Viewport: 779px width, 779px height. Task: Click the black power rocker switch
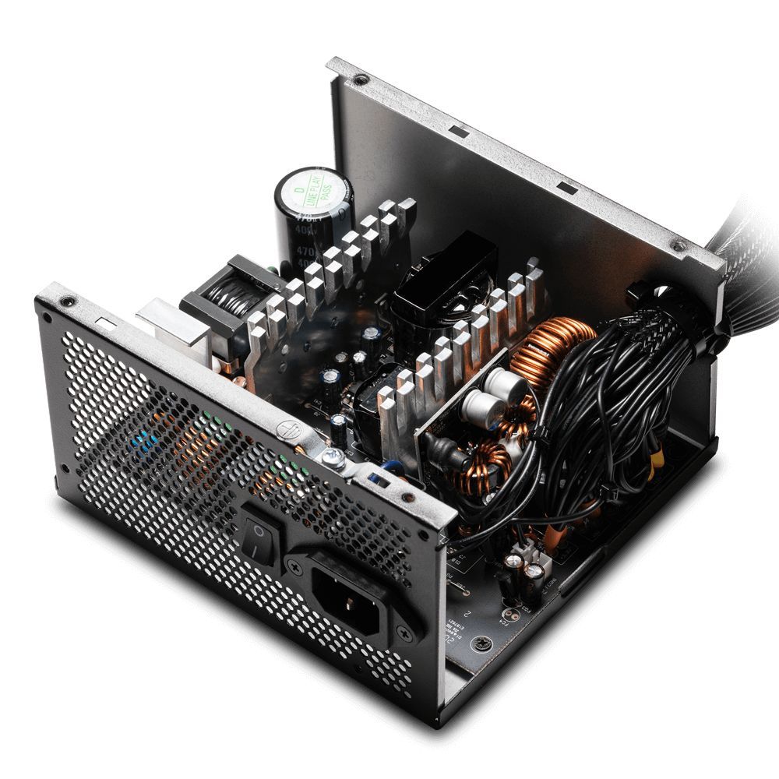pos(259,533)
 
